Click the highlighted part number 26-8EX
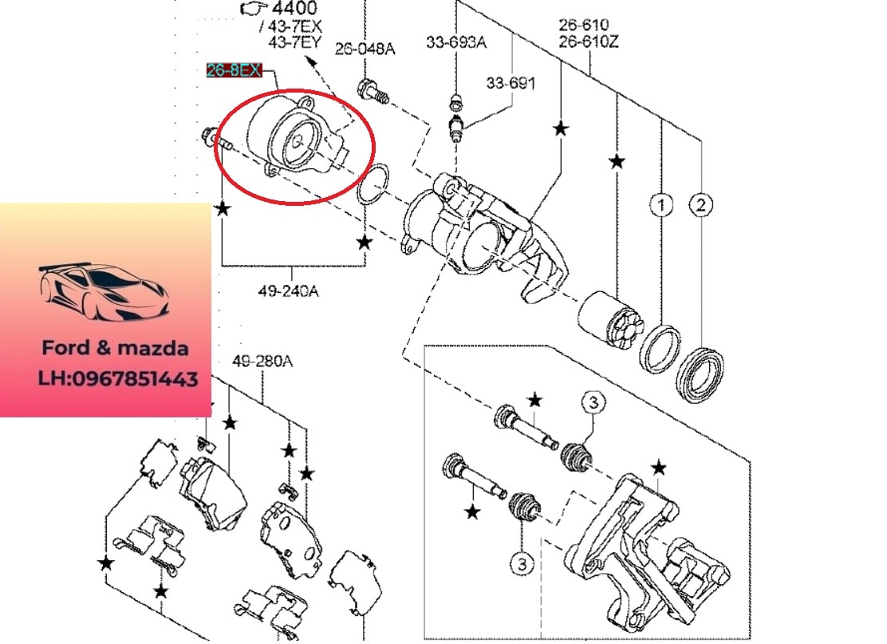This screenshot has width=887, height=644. (233, 71)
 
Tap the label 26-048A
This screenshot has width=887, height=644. (365, 49)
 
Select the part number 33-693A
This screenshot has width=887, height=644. (455, 41)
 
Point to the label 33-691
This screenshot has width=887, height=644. (511, 83)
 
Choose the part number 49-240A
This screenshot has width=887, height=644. (288, 291)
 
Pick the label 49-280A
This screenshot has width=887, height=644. (262, 362)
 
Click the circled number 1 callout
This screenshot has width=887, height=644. (660, 206)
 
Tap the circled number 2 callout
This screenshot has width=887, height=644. (700, 206)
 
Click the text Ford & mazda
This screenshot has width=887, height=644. (116, 349)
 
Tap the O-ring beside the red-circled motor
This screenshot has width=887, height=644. (373, 185)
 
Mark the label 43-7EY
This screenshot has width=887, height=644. (294, 41)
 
